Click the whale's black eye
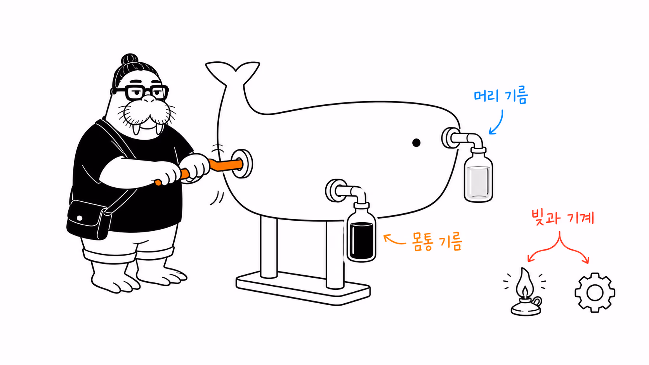coord(416,143)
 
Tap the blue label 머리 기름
coord(501,95)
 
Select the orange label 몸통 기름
coord(437,242)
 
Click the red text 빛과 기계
coord(563,218)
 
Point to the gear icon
coord(595,292)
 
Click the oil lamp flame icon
coord(525,291)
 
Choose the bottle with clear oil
coord(478,175)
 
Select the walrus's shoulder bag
coord(88,220)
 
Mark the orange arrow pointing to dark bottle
coord(394,239)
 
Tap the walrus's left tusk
coord(136,129)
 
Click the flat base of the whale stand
coord(303,290)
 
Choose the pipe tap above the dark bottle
coord(347,191)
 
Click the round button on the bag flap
coord(80,218)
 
